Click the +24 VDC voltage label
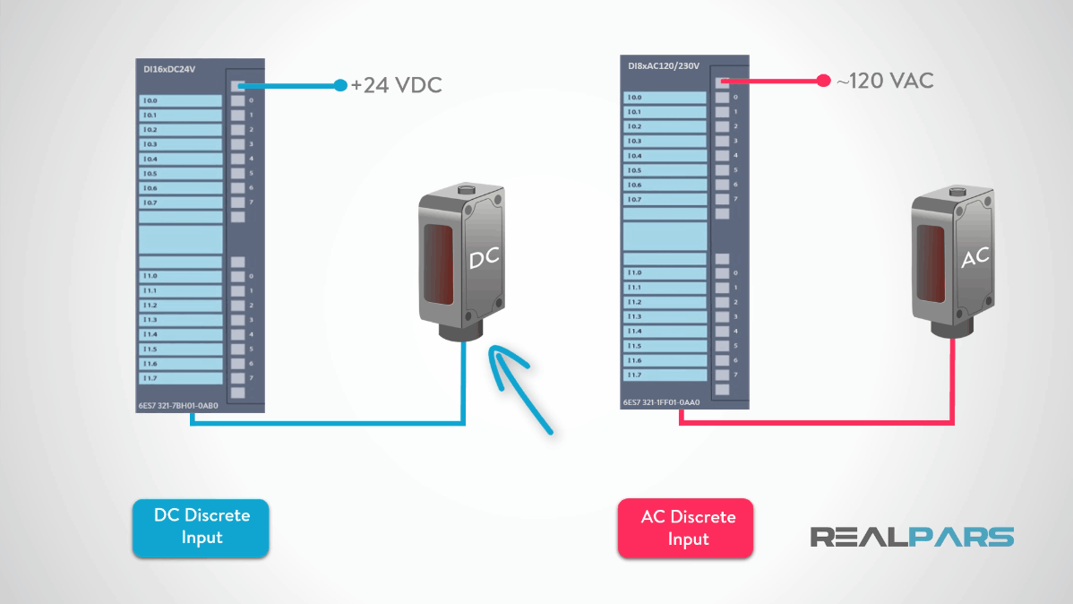(x=396, y=85)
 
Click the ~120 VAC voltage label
(x=885, y=81)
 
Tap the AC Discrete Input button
(x=686, y=529)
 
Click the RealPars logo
(x=912, y=537)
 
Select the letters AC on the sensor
(x=974, y=258)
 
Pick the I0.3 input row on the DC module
(x=180, y=144)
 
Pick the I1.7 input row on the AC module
(x=665, y=375)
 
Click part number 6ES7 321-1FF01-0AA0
(x=661, y=402)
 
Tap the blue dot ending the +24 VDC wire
(x=339, y=86)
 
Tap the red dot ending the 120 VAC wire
(x=822, y=82)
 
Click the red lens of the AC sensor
(x=931, y=262)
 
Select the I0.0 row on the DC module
(x=180, y=101)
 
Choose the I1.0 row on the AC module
(x=665, y=272)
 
